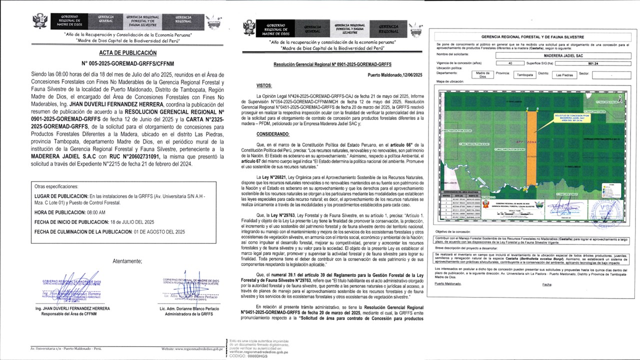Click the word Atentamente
coord(127,261)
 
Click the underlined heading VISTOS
coord(264,86)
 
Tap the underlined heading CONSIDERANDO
coord(273,134)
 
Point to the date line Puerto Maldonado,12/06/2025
coord(395,75)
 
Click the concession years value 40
coord(509,63)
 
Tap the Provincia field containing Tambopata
coord(524,75)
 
